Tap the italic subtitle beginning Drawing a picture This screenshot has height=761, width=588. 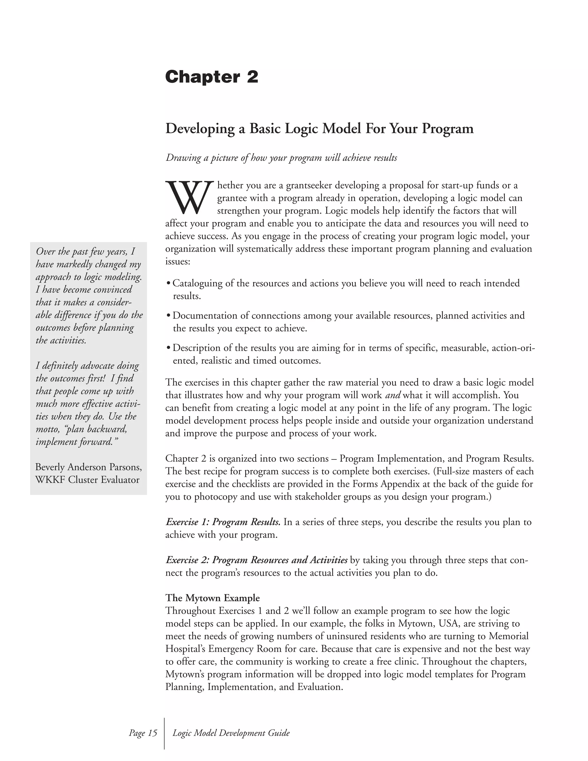pos(281,158)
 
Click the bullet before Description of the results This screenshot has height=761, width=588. pos(169,348)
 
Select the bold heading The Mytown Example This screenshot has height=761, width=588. pos(212,598)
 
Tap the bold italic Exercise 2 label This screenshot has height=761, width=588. pos(256,560)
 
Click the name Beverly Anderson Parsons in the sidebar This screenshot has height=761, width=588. pos(88,467)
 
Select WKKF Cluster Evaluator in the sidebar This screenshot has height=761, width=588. pos(87,480)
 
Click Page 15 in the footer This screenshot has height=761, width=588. pos(143,733)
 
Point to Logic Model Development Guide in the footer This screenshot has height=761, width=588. pos(231,733)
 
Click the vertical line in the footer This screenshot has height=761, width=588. pos(164,733)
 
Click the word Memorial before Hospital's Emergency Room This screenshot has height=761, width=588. pos(508,636)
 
